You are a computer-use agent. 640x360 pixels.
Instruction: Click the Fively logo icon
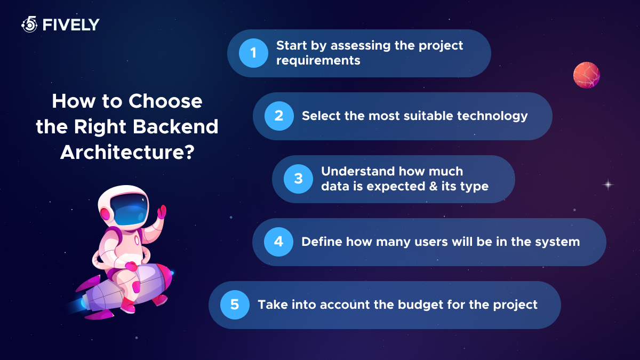(x=29, y=25)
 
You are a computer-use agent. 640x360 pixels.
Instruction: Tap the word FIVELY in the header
(x=71, y=25)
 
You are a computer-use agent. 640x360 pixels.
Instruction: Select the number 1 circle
(x=253, y=53)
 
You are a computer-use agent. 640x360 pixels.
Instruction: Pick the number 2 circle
(x=279, y=116)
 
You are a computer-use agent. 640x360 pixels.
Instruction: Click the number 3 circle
(x=298, y=179)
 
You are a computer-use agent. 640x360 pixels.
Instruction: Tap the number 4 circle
(x=278, y=242)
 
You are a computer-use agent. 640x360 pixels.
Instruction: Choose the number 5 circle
(x=235, y=305)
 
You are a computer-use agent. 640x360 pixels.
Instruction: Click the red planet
(x=587, y=75)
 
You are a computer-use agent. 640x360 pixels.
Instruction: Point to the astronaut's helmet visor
(x=129, y=210)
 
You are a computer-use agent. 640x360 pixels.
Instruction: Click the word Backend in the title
(x=175, y=126)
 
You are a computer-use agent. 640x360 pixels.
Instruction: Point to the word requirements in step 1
(x=318, y=61)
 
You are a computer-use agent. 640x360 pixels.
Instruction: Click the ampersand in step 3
(x=434, y=186)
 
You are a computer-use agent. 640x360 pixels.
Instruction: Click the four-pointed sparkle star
(x=609, y=185)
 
